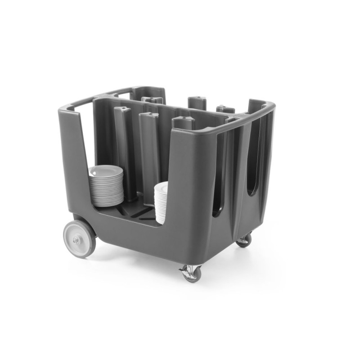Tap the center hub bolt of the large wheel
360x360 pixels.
[x=77, y=240]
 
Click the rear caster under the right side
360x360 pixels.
[x=244, y=240]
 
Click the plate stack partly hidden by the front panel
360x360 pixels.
[x=161, y=202]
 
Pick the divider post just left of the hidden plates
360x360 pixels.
[x=148, y=153]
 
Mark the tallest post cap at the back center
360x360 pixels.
[x=197, y=100]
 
